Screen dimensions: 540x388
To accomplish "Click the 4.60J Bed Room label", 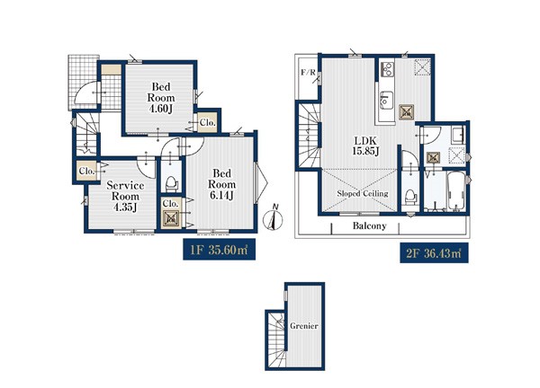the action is click(x=161, y=98).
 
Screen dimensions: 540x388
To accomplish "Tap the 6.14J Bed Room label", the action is click(x=221, y=184).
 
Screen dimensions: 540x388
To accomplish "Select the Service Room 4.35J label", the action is click(x=125, y=196).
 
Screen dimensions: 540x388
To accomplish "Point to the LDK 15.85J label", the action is click(x=365, y=145).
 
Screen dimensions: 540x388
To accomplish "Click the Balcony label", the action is click(x=370, y=225).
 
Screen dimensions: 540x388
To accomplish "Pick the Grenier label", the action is click(x=304, y=326).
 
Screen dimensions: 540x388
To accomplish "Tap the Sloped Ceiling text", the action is click(x=363, y=193).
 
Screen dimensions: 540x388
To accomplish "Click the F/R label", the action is click(x=308, y=73).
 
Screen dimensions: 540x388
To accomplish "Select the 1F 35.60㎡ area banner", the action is click(x=219, y=249).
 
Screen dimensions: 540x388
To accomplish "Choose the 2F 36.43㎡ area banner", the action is click(x=434, y=253).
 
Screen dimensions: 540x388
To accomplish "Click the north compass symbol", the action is click(x=273, y=218).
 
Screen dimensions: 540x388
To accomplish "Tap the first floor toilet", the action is click(x=171, y=184).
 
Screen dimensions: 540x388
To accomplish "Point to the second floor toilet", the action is click(x=409, y=198).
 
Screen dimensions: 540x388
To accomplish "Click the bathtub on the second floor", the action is click(x=456, y=191).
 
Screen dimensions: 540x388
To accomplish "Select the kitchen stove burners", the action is click(x=387, y=69).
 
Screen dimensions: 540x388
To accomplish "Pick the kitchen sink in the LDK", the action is click(x=386, y=100).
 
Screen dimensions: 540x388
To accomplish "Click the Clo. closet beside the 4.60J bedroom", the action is click(x=208, y=122).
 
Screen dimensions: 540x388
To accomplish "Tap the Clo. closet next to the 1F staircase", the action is click(x=86, y=171).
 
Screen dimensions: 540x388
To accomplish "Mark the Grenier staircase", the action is click(x=276, y=339).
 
